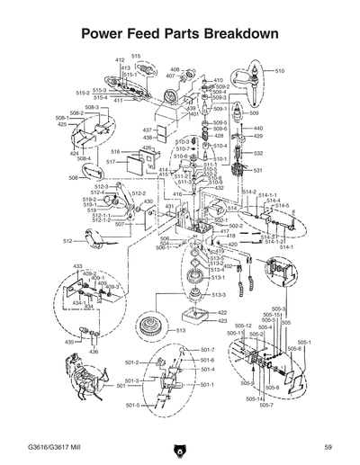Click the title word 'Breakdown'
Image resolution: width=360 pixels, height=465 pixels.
click(x=235, y=33)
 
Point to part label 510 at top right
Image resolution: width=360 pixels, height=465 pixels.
click(x=280, y=70)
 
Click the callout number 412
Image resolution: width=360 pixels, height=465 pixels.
click(x=119, y=59)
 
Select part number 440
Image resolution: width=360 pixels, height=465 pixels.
click(x=258, y=128)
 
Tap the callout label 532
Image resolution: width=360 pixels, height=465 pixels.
click(x=258, y=153)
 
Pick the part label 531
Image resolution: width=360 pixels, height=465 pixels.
click(x=257, y=170)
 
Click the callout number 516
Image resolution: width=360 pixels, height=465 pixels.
click(x=116, y=152)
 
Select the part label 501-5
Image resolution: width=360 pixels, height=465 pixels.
click(x=131, y=406)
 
